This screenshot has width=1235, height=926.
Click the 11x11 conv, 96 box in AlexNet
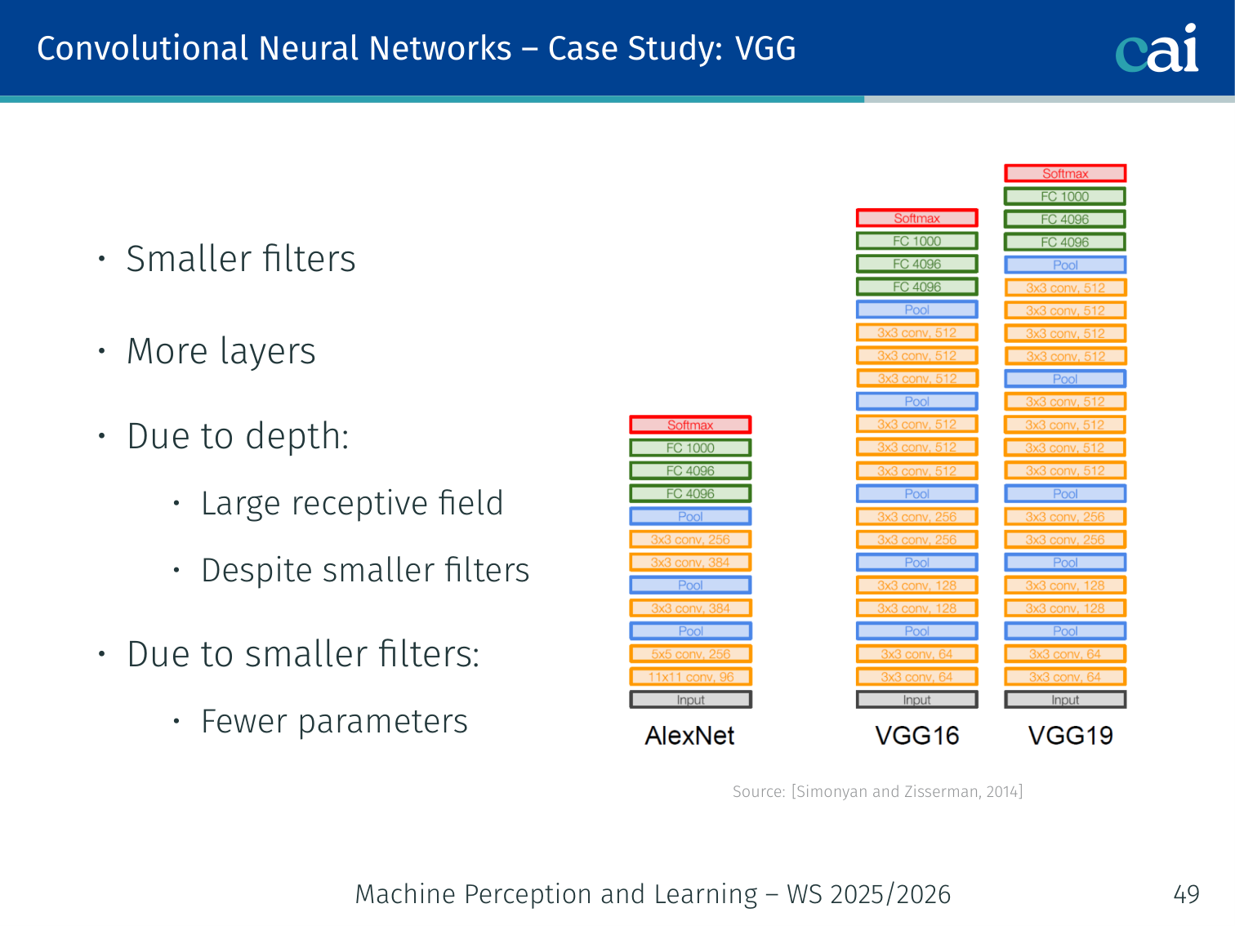click(690, 677)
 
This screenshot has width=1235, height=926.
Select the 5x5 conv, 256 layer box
click(690, 654)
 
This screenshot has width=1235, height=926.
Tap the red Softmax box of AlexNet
click(690, 425)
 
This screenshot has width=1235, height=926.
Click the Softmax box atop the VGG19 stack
click(1065, 173)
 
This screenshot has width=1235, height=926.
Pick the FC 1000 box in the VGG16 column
click(916, 241)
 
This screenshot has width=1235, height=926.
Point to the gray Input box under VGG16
click(916, 700)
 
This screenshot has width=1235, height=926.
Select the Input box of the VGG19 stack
click(1065, 700)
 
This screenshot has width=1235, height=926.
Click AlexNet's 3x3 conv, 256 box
click(690, 539)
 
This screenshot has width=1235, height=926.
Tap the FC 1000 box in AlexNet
click(690, 447)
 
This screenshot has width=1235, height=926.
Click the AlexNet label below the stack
click(689, 736)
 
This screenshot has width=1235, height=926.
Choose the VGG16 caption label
click(916, 736)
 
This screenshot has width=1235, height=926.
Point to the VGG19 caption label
click(1070, 736)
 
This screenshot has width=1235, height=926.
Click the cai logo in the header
click(1157, 48)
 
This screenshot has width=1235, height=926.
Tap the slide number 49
click(1186, 894)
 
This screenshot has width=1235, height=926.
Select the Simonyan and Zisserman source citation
click(877, 791)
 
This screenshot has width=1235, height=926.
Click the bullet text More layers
click(221, 351)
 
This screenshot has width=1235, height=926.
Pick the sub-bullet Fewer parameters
click(334, 721)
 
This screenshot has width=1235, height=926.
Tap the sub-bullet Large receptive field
click(352, 503)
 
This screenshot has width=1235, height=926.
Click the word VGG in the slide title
click(765, 48)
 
